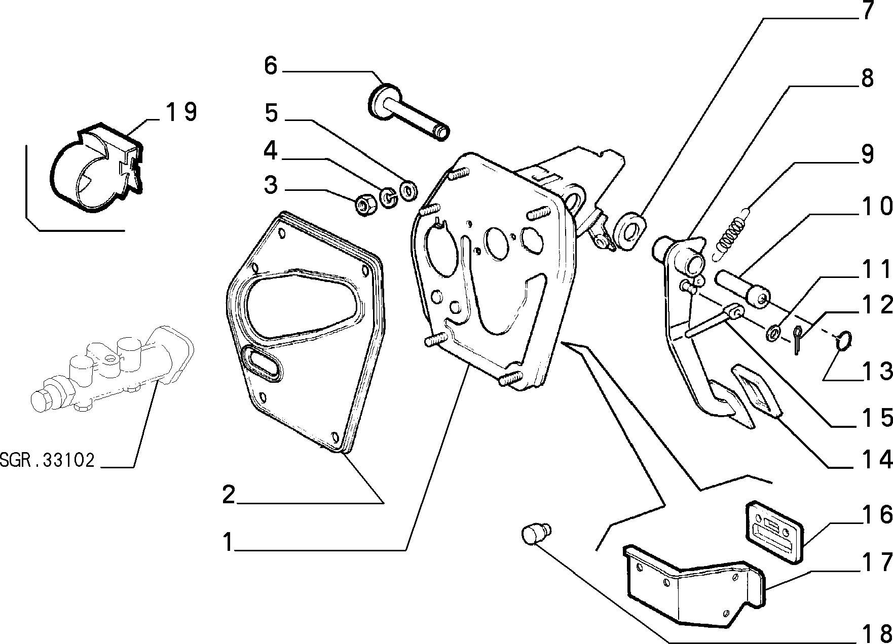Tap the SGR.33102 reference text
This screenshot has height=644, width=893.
[47, 461]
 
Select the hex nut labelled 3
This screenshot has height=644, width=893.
[363, 205]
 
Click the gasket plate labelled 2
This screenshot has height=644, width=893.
[304, 332]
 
